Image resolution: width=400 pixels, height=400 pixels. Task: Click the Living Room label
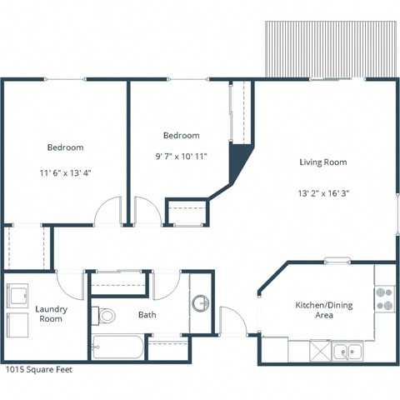tap(322, 162)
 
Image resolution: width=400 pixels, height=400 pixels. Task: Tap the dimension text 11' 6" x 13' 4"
tap(64, 174)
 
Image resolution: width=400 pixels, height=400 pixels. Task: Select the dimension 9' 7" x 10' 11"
tap(181, 156)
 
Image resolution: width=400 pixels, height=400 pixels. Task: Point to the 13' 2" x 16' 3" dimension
tap(322, 192)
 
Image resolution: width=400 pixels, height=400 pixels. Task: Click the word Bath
tap(147, 315)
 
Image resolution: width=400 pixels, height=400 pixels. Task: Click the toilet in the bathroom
tap(104, 315)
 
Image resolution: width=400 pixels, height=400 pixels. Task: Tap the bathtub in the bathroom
tap(117, 346)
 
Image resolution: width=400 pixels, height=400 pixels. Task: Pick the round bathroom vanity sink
tap(199, 302)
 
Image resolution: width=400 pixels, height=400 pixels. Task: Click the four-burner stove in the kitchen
tap(384, 298)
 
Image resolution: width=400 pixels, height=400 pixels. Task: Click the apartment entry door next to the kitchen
tap(232, 321)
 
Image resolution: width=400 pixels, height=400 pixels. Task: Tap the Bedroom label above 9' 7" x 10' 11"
tap(181, 135)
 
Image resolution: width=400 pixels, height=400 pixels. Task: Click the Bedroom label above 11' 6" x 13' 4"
tap(64, 147)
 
